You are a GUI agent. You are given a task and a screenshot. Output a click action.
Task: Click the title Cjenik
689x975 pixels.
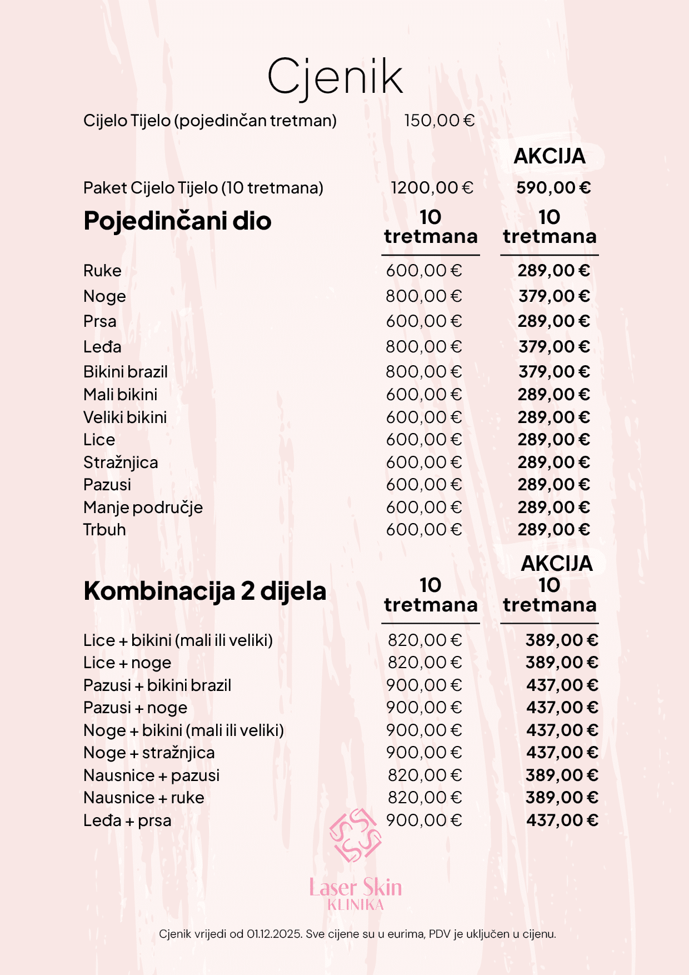click(335, 77)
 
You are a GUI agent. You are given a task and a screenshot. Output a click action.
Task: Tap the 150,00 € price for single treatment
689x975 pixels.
click(439, 121)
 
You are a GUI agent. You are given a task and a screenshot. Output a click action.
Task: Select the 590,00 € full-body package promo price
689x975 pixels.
click(553, 188)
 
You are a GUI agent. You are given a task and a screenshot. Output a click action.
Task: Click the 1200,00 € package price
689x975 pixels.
click(432, 188)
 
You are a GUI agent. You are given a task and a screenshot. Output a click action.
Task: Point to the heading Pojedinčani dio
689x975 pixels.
click(177, 221)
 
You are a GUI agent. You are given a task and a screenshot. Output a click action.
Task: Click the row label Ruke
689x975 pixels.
click(102, 271)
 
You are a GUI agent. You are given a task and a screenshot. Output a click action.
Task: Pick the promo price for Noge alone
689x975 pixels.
click(554, 296)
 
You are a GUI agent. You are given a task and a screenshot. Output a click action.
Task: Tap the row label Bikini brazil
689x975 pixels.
click(126, 372)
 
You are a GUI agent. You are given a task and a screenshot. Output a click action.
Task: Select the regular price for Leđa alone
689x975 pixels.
click(424, 347)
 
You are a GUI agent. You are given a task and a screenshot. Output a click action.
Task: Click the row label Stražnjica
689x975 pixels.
click(121, 462)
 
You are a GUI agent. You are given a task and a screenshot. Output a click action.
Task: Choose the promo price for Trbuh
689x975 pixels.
click(553, 530)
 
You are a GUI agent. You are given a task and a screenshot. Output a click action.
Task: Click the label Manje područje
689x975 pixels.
click(143, 508)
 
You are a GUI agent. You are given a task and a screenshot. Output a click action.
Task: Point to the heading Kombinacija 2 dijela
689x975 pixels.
click(204, 591)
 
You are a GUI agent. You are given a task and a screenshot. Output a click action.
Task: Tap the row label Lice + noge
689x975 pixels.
click(127, 663)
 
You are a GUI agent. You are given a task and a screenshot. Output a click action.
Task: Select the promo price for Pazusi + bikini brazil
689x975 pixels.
click(562, 685)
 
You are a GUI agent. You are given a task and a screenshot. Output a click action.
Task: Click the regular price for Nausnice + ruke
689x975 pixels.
click(425, 798)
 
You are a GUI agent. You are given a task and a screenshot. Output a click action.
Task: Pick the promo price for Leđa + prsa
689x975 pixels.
click(562, 820)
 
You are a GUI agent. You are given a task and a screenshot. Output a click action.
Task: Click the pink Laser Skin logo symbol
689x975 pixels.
click(356, 835)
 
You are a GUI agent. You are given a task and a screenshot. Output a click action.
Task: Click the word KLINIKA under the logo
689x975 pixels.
click(356, 905)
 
